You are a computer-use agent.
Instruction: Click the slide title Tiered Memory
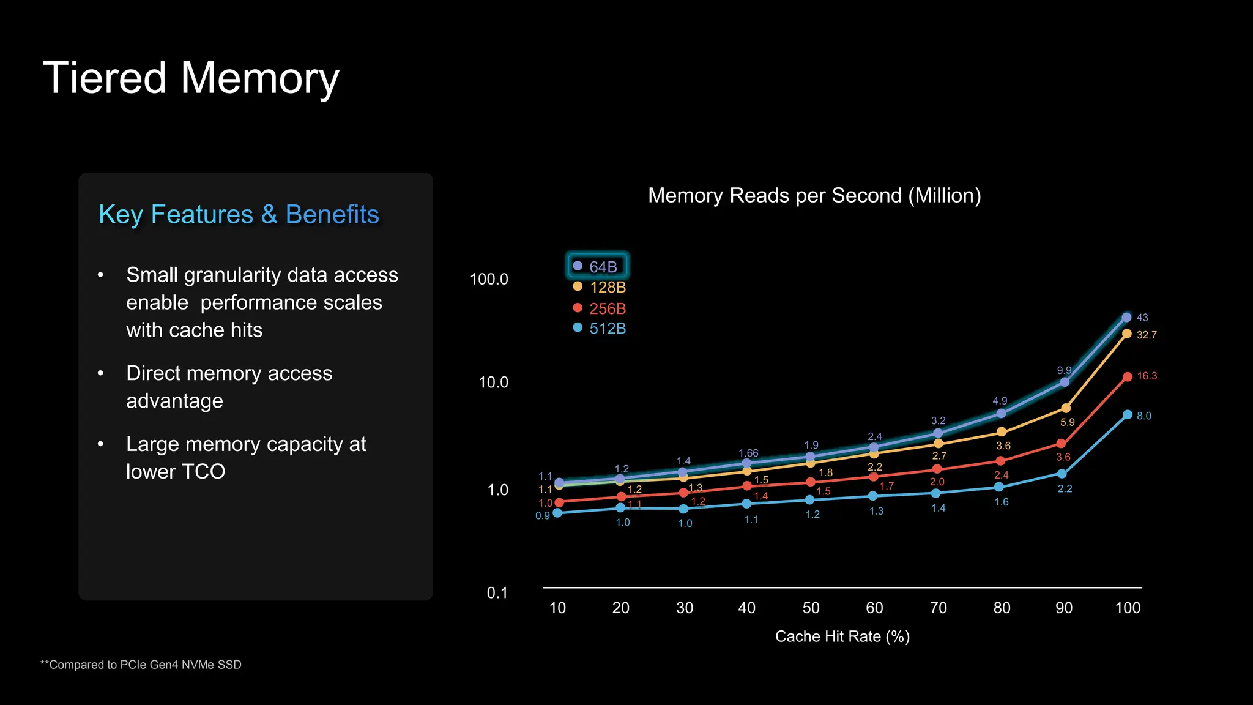[191, 78]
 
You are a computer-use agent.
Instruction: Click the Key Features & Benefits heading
[239, 215]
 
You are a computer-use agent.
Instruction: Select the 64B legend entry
[597, 267]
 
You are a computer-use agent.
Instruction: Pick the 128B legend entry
[600, 288]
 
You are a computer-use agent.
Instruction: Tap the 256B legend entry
[600, 308]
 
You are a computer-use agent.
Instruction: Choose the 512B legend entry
[600, 329]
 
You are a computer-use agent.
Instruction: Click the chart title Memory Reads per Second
[814, 196]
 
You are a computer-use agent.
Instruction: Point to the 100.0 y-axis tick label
[489, 280]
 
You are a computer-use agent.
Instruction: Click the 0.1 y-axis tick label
[497, 593]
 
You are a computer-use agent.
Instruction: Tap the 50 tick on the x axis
[811, 608]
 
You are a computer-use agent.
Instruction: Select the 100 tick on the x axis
[1128, 608]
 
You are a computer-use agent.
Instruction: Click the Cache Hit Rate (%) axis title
[842, 637]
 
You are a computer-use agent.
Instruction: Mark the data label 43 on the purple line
[1142, 318]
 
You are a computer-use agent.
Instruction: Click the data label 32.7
[1147, 335]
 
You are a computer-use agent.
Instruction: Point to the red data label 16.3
[1147, 376]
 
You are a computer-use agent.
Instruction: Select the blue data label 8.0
[1143, 416]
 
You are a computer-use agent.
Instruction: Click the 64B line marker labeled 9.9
[1065, 382]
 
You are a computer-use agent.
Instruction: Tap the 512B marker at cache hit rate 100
[1128, 415]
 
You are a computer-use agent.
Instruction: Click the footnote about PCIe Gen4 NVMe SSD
[141, 665]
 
